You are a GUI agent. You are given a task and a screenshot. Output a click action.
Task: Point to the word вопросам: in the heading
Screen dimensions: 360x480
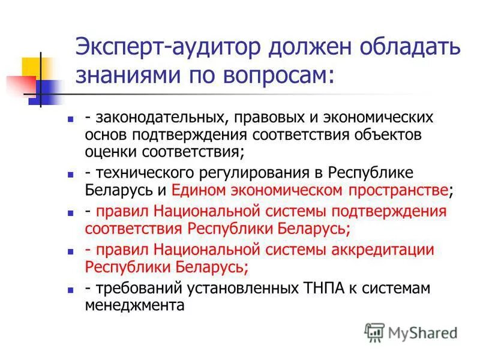275,76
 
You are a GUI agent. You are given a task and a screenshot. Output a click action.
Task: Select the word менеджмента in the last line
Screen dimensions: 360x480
133,305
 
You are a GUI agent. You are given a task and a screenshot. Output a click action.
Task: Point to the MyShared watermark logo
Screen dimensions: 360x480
412,332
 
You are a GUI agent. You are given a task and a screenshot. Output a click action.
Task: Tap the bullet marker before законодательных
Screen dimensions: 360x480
70,119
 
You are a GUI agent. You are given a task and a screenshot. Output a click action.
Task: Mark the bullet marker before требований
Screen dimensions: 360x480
70,290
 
